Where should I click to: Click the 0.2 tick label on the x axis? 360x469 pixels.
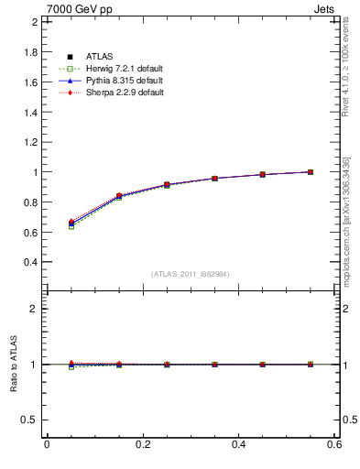tap(142, 445)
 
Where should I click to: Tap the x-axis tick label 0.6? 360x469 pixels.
tap(334, 445)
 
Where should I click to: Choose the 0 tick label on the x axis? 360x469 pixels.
tap(47, 445)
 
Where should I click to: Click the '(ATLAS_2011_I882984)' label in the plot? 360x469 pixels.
tap(190, 274)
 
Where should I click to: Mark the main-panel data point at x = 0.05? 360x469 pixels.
tap(71, 224)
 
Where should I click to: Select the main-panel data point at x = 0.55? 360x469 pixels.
tap(311, 171)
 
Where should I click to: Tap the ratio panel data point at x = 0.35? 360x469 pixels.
tap(214, 365)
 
